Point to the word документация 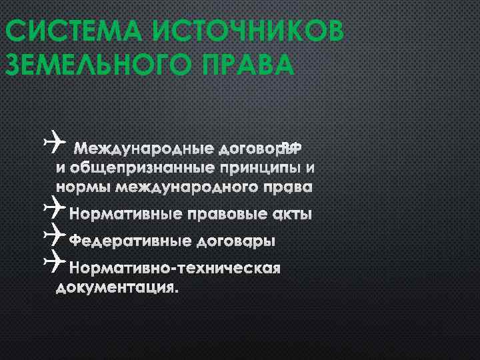point(117,288)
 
